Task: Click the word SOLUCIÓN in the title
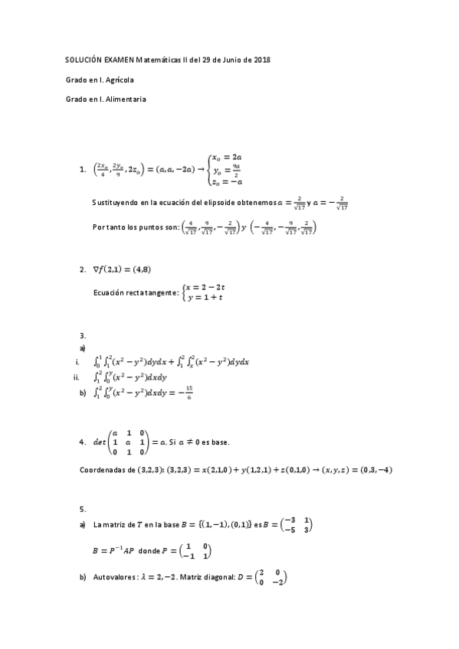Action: pyautogui.click(x=84, y=60)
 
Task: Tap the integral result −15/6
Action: pyautogui.click(x=189, y=393)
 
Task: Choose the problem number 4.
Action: pyautogui.click(x=82, y=442)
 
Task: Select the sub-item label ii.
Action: pyautogui.click(x=76, y=377)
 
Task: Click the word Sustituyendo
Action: pyautogui.click(x=116, y=203)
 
